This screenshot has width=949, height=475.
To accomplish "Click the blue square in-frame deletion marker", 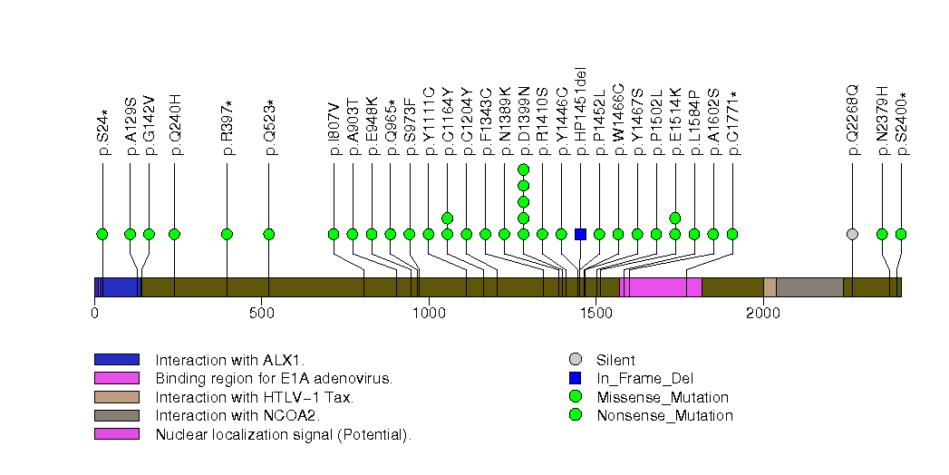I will (581, 234).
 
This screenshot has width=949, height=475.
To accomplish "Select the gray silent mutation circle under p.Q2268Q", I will (852, 234).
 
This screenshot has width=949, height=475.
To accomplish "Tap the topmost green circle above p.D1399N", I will (523, 170).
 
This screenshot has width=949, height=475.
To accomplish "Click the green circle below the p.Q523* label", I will (269, 234).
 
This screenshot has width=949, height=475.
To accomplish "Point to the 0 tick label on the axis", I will (95, 313).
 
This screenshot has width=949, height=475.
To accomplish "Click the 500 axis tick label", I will (262, 313).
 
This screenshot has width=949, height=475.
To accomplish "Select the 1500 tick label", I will (596, 313).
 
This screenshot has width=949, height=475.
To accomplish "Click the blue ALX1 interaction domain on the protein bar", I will (118, 287).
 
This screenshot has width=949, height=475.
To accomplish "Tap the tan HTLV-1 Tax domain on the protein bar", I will (770, 287).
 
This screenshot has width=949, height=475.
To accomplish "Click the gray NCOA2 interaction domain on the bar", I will (809, 287).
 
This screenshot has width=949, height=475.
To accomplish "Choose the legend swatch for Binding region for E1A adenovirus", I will (116, 378).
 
